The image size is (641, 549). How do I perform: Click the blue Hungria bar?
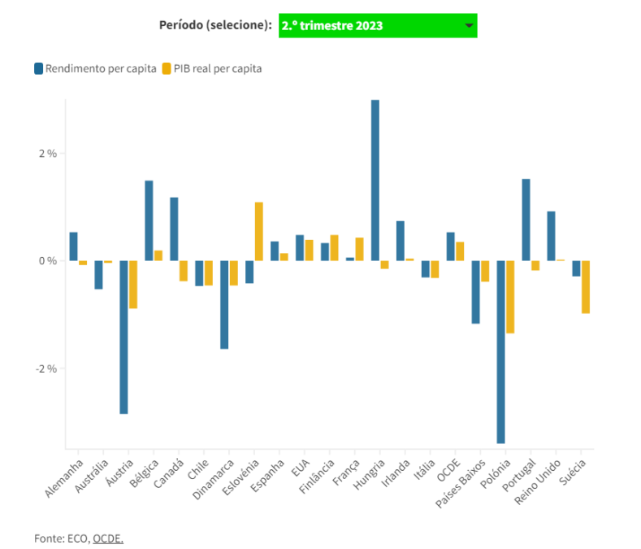pyautogui.click(x=375, y=180)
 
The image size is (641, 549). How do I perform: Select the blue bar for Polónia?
pyautogui.click(x=501, y=351)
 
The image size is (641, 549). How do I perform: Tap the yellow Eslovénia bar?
pyautogui.click(x=258, y=231)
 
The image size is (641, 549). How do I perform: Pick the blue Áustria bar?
pyautogui.click(x=123, y=337)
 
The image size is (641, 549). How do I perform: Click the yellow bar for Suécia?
pyautogui.click(x=585, y=286)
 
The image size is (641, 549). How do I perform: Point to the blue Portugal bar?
pyautogui.click(x=526, y=220)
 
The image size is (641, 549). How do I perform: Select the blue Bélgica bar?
pyautogui.click(x=149, y=220)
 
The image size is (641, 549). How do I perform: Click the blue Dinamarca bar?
pyautogui.click(x=224, y=304)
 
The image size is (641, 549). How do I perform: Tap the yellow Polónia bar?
pyautogui.click(x=510, y=296)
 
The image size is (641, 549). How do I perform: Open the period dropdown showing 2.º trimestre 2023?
pyautogui.click(x=377, y=25)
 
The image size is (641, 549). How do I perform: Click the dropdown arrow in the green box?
pyautogui.click(x=469, y=26)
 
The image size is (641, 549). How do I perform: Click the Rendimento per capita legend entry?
pyautogui.click(x=95, y=68)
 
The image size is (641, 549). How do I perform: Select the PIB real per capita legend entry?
pyautogui.click(x=212, y=68)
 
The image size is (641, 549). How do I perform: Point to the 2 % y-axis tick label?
pyautogui.click(x=46, y=153)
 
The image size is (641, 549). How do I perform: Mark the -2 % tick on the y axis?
pyautogui.click(x=45, y=368)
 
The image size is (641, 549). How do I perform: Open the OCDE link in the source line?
pyautogui.click(x=108, y=538)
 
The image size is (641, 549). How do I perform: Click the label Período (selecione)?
pyautogui.click(x=215, y=25)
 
